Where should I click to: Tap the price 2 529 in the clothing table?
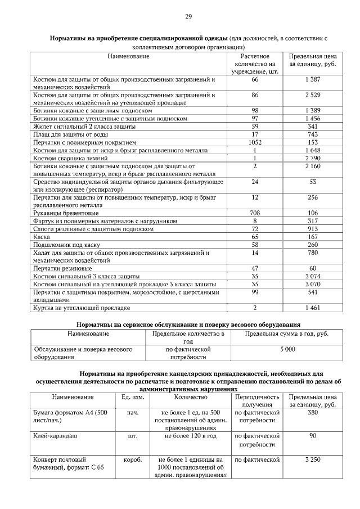[312, 95]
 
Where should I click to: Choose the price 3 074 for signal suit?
[312, 277]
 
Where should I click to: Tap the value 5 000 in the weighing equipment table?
[287, 349]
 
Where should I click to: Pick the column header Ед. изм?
[133, 397]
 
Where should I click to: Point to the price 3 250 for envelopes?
[312, 460]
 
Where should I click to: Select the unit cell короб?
[133, 460]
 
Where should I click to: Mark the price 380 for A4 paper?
[312, 412]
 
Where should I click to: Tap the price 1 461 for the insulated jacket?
[312, 308]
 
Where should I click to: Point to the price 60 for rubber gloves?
[312, 269]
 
